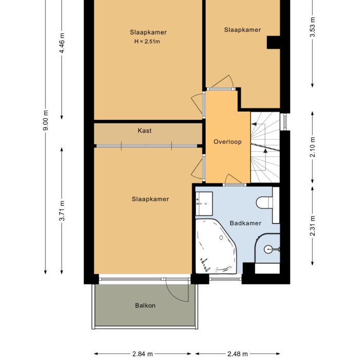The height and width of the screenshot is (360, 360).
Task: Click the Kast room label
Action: pos(145,131)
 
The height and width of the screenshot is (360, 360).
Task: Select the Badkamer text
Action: pos(245,223)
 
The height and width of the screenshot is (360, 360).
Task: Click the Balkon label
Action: pos(145,305)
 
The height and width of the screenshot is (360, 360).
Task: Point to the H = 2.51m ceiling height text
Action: pos(148,41)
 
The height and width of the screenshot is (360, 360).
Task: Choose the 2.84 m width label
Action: pos(142,354)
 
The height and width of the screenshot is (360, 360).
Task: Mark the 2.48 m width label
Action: pos(237,354)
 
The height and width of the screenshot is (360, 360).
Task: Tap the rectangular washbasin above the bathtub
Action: pos(204,204)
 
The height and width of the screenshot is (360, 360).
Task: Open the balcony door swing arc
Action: pos(178,292)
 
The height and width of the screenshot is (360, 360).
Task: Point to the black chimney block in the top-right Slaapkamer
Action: pos(273,43)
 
